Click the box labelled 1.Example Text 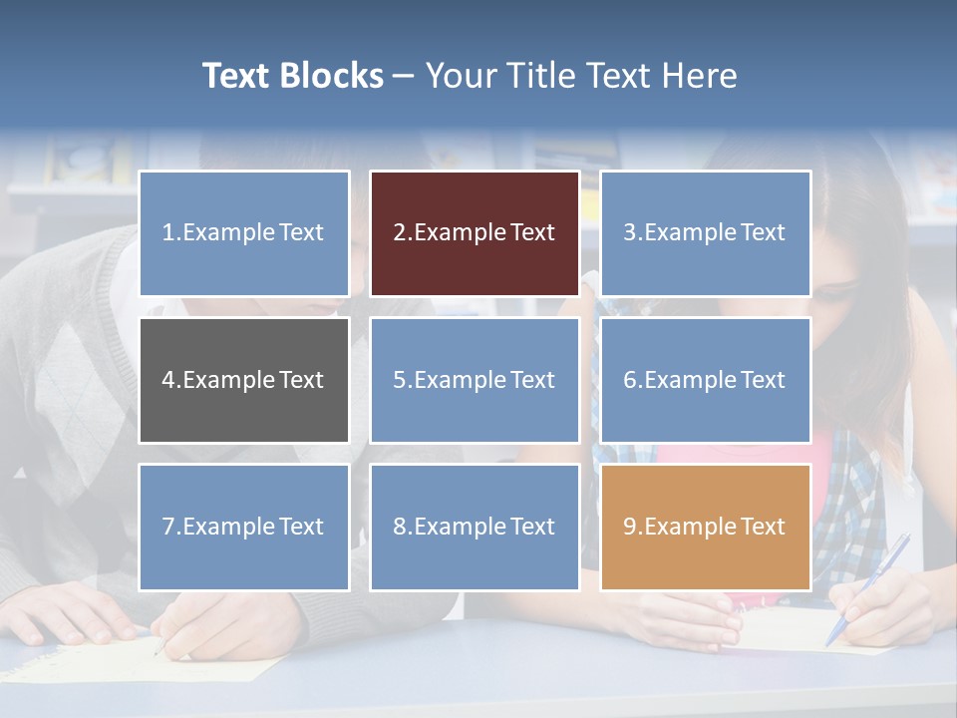pyautogui.click(x=244, y=233)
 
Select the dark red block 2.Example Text pyautogui.click(x=475, y=233)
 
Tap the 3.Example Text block pyautogui.click(x=705, y=233)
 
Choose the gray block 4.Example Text pyautogui.click(x=244, y=380)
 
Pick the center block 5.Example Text pyautogui.click(x=475, y=380)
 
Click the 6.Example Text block pyautogui.click(x=705, y=380)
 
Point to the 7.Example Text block pyautogui.click(x=244, y=527)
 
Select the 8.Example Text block pyautogui.click(x=475, y=527)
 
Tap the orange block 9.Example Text pyautogui.click(x=705, y=527)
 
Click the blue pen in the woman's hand pyautogui.click(x=868, y=587)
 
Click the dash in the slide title pyautogui.click(x=404, y=77)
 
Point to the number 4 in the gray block pyautogui.click(x=167, y=380)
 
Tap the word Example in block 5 pyautogui.click(x=460, y=380)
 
